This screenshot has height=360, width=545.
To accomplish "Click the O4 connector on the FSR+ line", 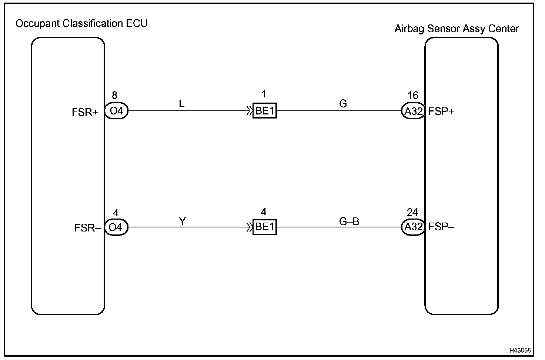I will click(x=116, y=111).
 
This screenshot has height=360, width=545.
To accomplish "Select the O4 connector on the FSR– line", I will click(x=116, y=227).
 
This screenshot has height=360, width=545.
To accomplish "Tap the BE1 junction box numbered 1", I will click(x=264, y=111).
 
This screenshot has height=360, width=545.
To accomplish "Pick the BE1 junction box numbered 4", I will click(x=264, y=227).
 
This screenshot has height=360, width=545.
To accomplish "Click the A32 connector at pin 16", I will click(x=413, y=111).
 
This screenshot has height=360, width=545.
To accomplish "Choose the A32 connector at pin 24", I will click(x=413, y=227).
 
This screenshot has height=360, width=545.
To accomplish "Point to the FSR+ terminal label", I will click(x=85, y=112).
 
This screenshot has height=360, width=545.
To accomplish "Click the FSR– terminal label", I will click(x=87, y=228).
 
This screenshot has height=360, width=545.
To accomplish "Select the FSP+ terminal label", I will click(x=441, y=111).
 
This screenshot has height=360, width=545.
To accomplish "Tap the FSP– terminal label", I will click(x=441, y=227).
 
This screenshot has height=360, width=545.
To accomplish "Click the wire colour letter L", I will click(x=181, y=104).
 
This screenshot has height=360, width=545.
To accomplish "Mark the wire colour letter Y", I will click(x=182, y=221).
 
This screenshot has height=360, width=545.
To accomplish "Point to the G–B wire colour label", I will click(x=349, y=221).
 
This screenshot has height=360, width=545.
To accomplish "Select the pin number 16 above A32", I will click(x=412, y=96).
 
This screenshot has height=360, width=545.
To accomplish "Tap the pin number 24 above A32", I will click(x=412, y=212).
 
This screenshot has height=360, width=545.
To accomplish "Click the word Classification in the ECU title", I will click(x=93, y=24).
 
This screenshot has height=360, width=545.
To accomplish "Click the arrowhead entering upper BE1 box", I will click(x=250, y=111).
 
